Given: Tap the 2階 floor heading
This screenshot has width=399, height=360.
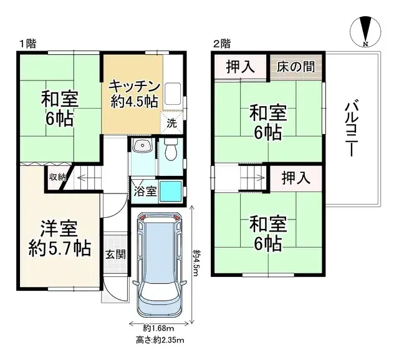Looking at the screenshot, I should (x=221, y=44).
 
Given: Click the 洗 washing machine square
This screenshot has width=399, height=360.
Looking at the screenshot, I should (x=171, y=122).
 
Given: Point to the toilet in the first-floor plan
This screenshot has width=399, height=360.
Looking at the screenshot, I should (x=171, y=150).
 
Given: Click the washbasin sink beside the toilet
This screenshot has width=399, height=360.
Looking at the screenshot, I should (x=143, y=147).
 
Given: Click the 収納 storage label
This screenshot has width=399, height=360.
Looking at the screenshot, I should (x=58, y=177).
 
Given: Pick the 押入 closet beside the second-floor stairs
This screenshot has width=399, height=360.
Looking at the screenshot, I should (x=296, y=178).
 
